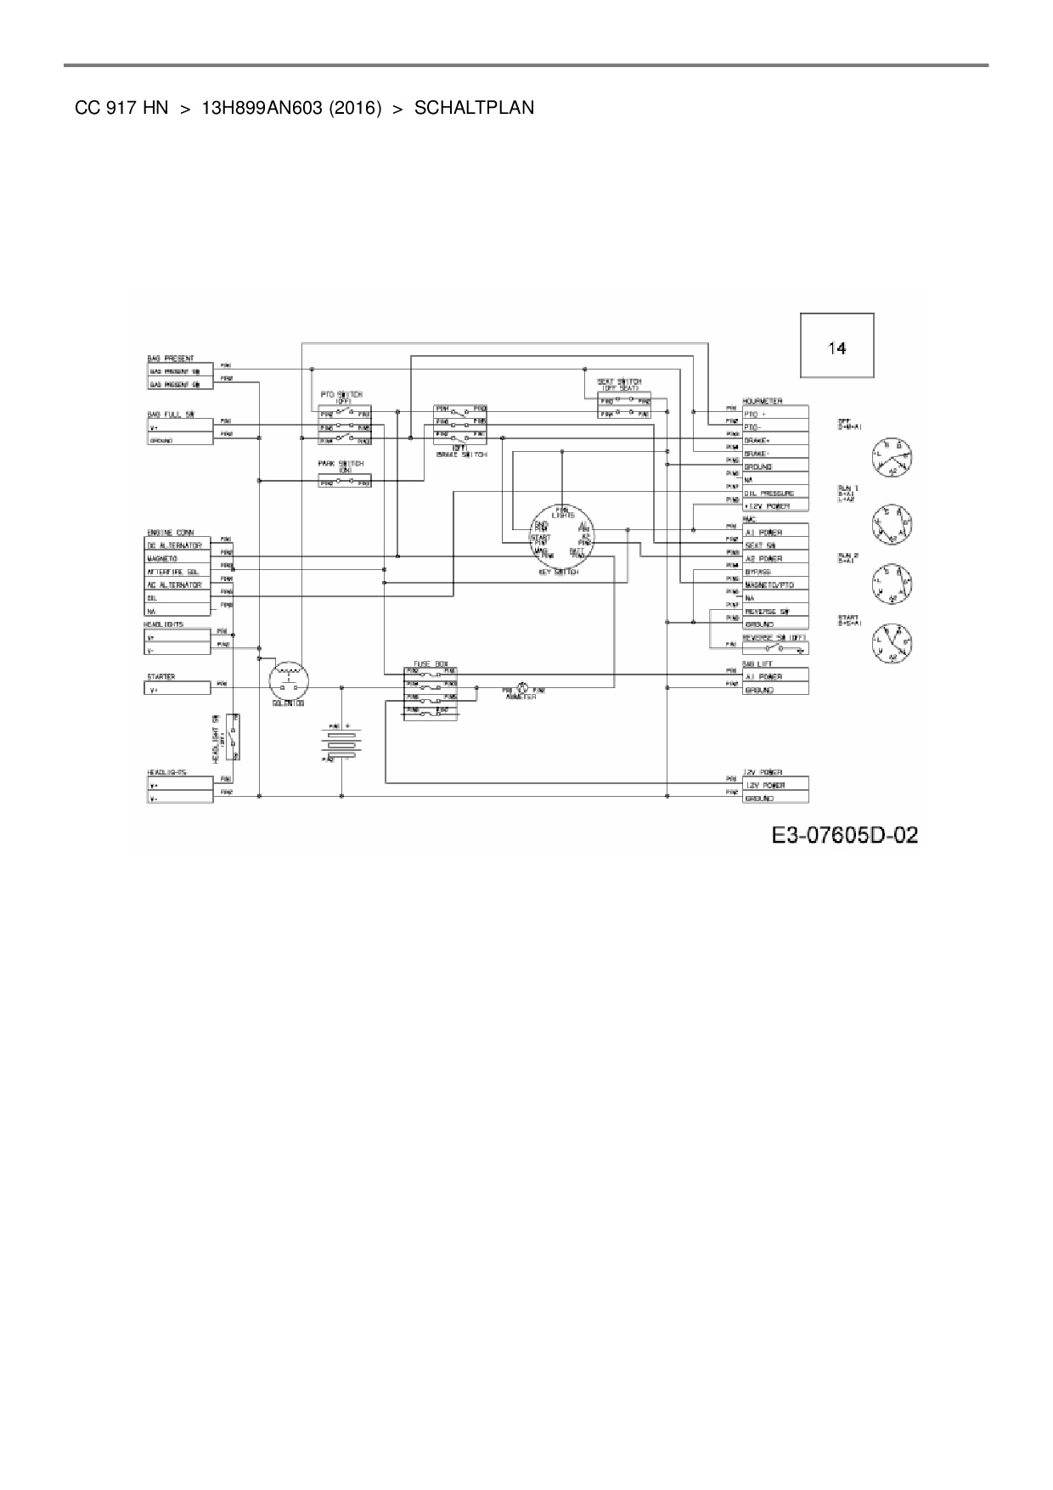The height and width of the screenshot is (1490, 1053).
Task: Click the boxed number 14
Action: [x=837, y=347]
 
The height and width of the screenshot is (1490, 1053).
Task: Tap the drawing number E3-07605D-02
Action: [x=844, y=835]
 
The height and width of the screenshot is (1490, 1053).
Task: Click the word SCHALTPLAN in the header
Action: [x=474, y=108]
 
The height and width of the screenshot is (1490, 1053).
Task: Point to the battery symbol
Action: [x=341, y=742]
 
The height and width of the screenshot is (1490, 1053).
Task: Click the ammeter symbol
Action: [x=523, y=689]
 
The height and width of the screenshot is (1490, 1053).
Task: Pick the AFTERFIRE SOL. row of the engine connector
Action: [x=177, y=572]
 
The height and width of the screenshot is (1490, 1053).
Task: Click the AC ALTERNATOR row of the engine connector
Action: [x=177, y=584]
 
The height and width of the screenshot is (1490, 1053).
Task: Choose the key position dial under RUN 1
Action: [x=889, y=527]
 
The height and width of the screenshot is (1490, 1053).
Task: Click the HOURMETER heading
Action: [x=763, y=401]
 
